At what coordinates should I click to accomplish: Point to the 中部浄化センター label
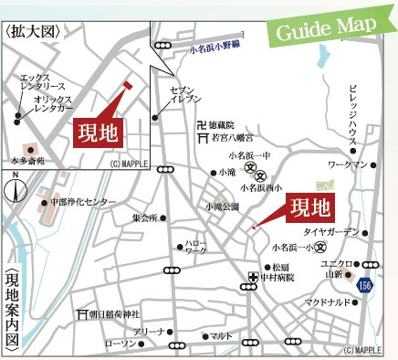83,201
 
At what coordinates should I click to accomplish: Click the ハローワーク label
195,246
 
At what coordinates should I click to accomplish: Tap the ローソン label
120,344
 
